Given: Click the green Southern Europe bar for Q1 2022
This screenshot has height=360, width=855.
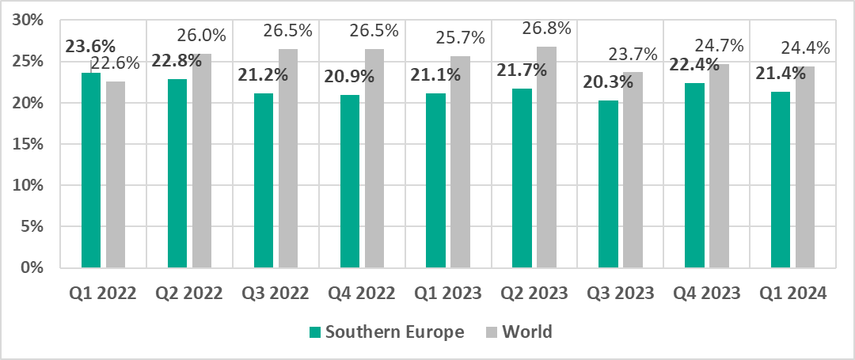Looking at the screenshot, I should click(x=91, y=170).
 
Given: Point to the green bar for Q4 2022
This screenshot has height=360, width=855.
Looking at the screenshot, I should click(x=349, y=181).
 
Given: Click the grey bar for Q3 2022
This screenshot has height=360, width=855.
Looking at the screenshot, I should click(x=288, y=158).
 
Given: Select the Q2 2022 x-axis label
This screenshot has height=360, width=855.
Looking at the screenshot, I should click(x=188, y=293).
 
